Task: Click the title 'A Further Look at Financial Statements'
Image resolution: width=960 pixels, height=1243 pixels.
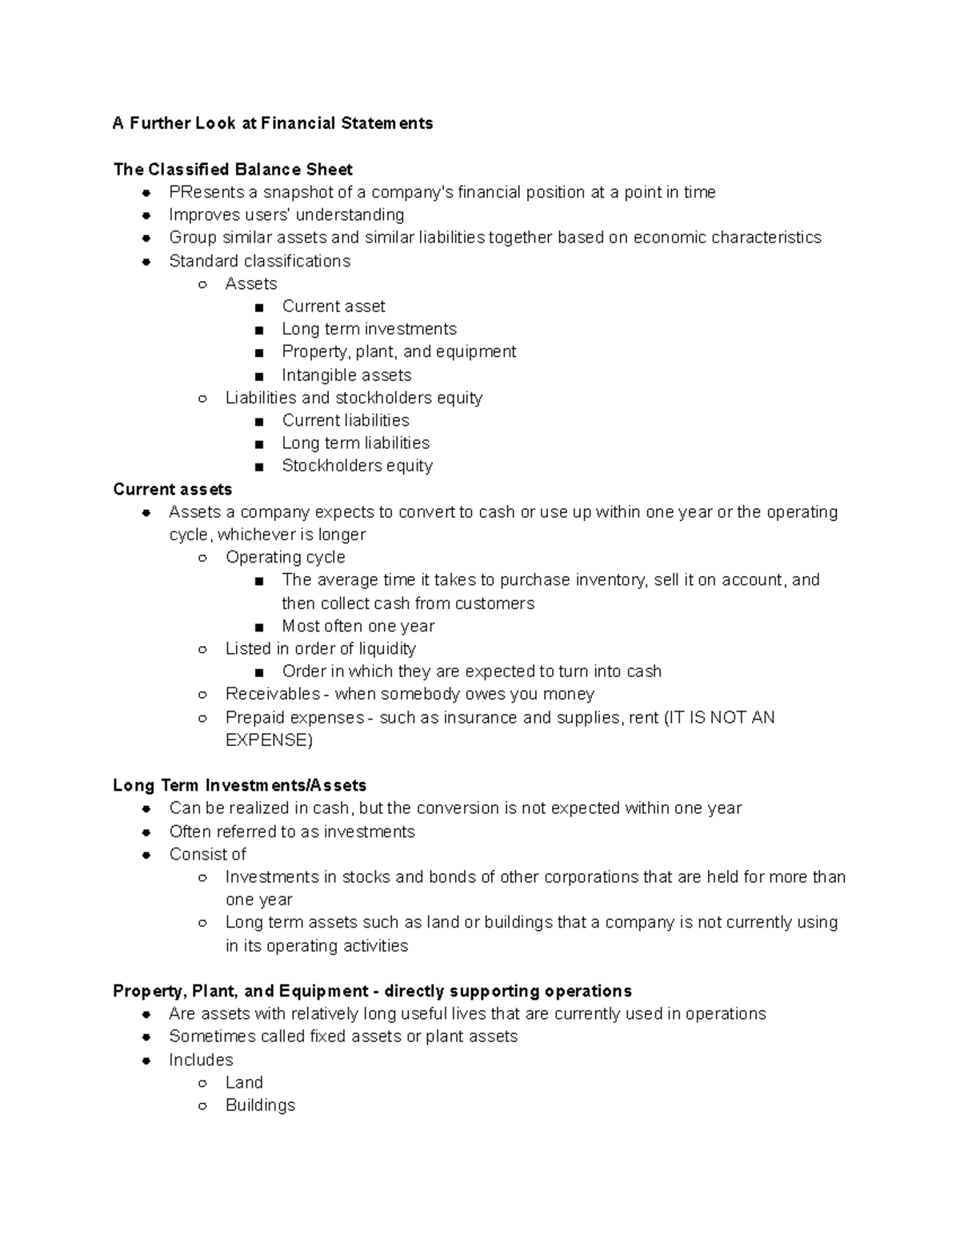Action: (x=273, y=123)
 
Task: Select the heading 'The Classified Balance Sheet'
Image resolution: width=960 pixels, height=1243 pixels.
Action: (x=233, y=170)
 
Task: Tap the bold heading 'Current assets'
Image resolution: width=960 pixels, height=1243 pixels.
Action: (x=172, y=489)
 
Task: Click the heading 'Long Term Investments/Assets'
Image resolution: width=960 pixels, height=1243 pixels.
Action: (x=239, y=785)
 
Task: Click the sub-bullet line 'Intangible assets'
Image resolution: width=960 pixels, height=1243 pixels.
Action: (x=346, y=375)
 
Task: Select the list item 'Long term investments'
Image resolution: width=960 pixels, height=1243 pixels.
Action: (x=369, y=329)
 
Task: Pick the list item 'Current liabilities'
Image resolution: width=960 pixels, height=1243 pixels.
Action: (x=345, y=420)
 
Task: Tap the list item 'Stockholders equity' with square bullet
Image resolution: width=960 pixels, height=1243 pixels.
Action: (x=357, y=466)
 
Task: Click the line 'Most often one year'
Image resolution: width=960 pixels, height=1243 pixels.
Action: (x=358, y=626)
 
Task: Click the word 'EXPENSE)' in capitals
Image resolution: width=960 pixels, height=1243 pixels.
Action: (x=269, y=740)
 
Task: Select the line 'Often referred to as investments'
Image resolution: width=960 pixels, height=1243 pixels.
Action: (x=292, y=832)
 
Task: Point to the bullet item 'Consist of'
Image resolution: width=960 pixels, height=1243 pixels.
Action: (x=207, y=854)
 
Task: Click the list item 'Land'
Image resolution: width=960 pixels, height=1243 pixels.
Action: (x=244, y=1082)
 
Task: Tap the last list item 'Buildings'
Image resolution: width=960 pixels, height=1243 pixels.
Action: (x=260, y=1105)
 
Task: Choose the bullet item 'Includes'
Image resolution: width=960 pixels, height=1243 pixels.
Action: (x=201, y=1060)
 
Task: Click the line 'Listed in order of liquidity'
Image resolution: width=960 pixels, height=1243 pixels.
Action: (x=320, y=648)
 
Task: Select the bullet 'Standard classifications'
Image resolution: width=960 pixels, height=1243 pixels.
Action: (x=259, y=261)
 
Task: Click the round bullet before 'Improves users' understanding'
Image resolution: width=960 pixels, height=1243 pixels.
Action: (x=146, y=215)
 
